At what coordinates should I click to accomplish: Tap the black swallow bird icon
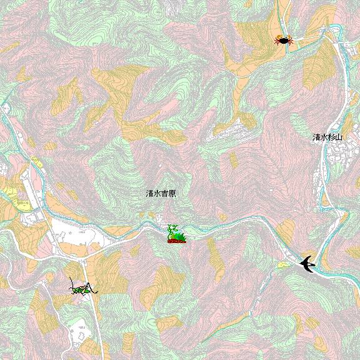tap(307, 264)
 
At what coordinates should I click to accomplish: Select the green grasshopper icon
tap(83, 287)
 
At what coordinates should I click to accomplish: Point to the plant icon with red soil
tap(176, 234)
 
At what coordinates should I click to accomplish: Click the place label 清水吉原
tap(161, 194)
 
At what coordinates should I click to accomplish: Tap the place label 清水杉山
tap(327, 137)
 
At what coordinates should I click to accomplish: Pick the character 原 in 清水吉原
tap(172, 194)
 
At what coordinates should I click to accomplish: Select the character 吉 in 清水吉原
tap(164, 194)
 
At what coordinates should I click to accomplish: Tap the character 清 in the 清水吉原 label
tap(149, 194)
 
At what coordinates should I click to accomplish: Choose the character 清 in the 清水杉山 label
tap(316, 137)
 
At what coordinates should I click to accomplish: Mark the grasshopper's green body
tap(81, 289)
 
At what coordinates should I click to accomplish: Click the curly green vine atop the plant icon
tap(174, 228)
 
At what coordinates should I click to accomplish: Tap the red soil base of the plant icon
tap(177, 241)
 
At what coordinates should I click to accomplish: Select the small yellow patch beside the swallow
tap(284, 266)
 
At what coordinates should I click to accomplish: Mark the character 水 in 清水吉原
tap(157, 194)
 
